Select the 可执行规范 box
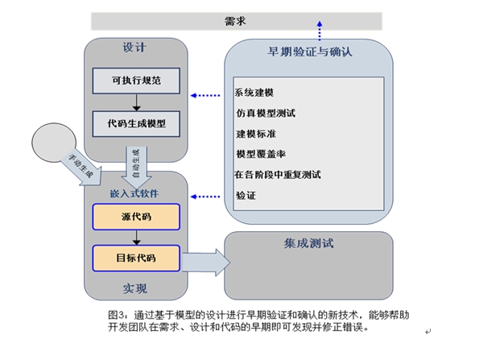tap(135, 81)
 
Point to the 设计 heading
tap(135, 48)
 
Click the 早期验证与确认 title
tap(310, 52)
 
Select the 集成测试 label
tap(308, 242)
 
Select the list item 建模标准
tap(256, 134)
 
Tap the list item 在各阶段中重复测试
tap(278, 174)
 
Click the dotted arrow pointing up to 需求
tap(320, 32)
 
